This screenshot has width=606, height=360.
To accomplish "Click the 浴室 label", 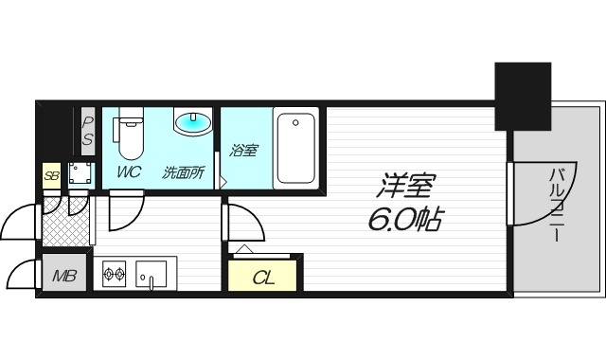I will coord(243,150).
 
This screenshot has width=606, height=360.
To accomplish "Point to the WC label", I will coord(129,172).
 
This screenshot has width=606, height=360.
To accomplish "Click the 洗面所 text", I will coord(184,172).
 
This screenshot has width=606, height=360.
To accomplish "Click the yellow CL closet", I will coord(263,277).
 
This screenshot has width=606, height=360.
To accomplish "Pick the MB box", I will coord(64,277).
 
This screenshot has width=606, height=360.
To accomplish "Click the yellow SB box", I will coord(51,174).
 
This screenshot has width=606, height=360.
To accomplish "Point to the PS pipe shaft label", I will coord(87,130).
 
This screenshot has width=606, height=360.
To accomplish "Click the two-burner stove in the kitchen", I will coord(115,276).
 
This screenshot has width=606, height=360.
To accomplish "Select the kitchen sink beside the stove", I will coord(151,276).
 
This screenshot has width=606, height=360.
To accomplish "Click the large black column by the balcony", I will coord(522,95).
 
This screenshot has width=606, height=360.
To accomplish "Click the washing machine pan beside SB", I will coord(80,173).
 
